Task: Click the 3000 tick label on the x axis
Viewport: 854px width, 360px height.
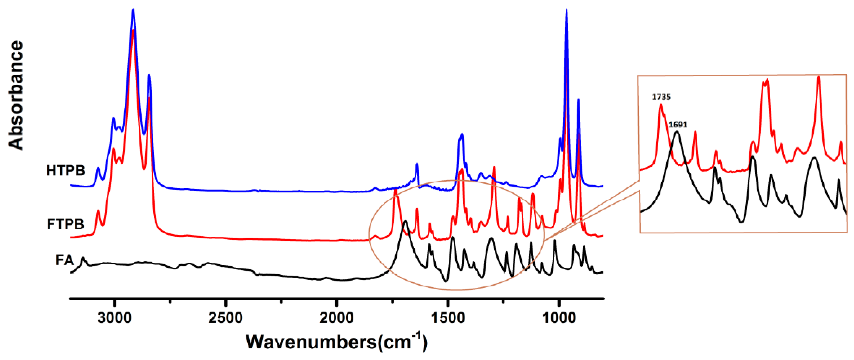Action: [x=114, y=318]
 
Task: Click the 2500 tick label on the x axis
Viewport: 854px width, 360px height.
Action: [x=226, y=318]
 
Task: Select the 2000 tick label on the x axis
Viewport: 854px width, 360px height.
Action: [x=336, y=318]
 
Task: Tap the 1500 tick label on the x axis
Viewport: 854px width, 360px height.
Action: [x=448, y=318]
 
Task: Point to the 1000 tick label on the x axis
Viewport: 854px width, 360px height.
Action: [x=559, y=318]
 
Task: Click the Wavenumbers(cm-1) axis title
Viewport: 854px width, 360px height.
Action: [x=336, y=341]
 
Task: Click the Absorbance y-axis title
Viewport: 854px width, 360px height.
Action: [x=16, y=95]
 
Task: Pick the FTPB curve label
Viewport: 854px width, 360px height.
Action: [x=66, y=224]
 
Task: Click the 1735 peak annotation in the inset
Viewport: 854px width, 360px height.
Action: [x=661, y=97]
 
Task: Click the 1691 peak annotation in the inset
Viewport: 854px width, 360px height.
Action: [x=678, y=125]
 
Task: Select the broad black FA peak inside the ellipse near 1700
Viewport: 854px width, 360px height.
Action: [x=405, y=221]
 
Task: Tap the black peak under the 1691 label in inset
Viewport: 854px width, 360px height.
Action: [x=677, y=132]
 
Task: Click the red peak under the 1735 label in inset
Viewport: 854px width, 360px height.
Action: [x=661, y=106]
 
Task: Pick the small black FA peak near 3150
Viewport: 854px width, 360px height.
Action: [x=83, y=258]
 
